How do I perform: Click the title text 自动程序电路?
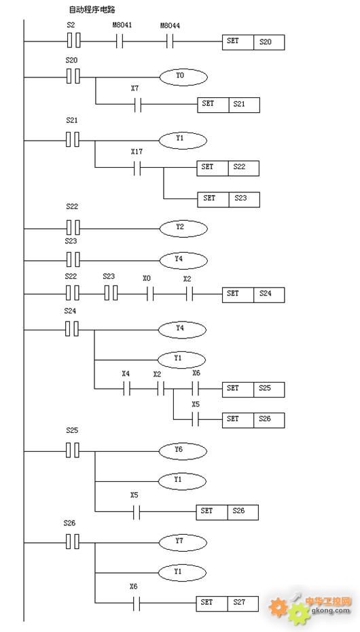tap(92, 10)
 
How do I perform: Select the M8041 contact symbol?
tap(120, 41)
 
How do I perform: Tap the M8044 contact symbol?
tap(170, 41)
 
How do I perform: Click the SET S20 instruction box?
tap(253, 42)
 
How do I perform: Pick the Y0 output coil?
tap(183, 77)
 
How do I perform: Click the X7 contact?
tap(138, 105)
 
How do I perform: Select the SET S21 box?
tap(228, 105)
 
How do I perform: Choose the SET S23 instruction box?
tap(228, 200)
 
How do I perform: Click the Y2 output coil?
tap(183, 228)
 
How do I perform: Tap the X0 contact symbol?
tap(150, 294)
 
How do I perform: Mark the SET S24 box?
tap(253, 295)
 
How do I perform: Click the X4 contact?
tap(126, 389)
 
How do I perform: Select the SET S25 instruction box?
tap(253, 389)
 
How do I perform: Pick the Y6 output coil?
tap(183, 451)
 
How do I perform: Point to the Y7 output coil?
tap(183, 542)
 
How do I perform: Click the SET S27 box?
tap(228, 603)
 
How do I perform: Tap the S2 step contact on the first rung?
tap(73, 41)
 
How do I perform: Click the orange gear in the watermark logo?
tap(278, 607)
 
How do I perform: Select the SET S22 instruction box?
tap(228, 168)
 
